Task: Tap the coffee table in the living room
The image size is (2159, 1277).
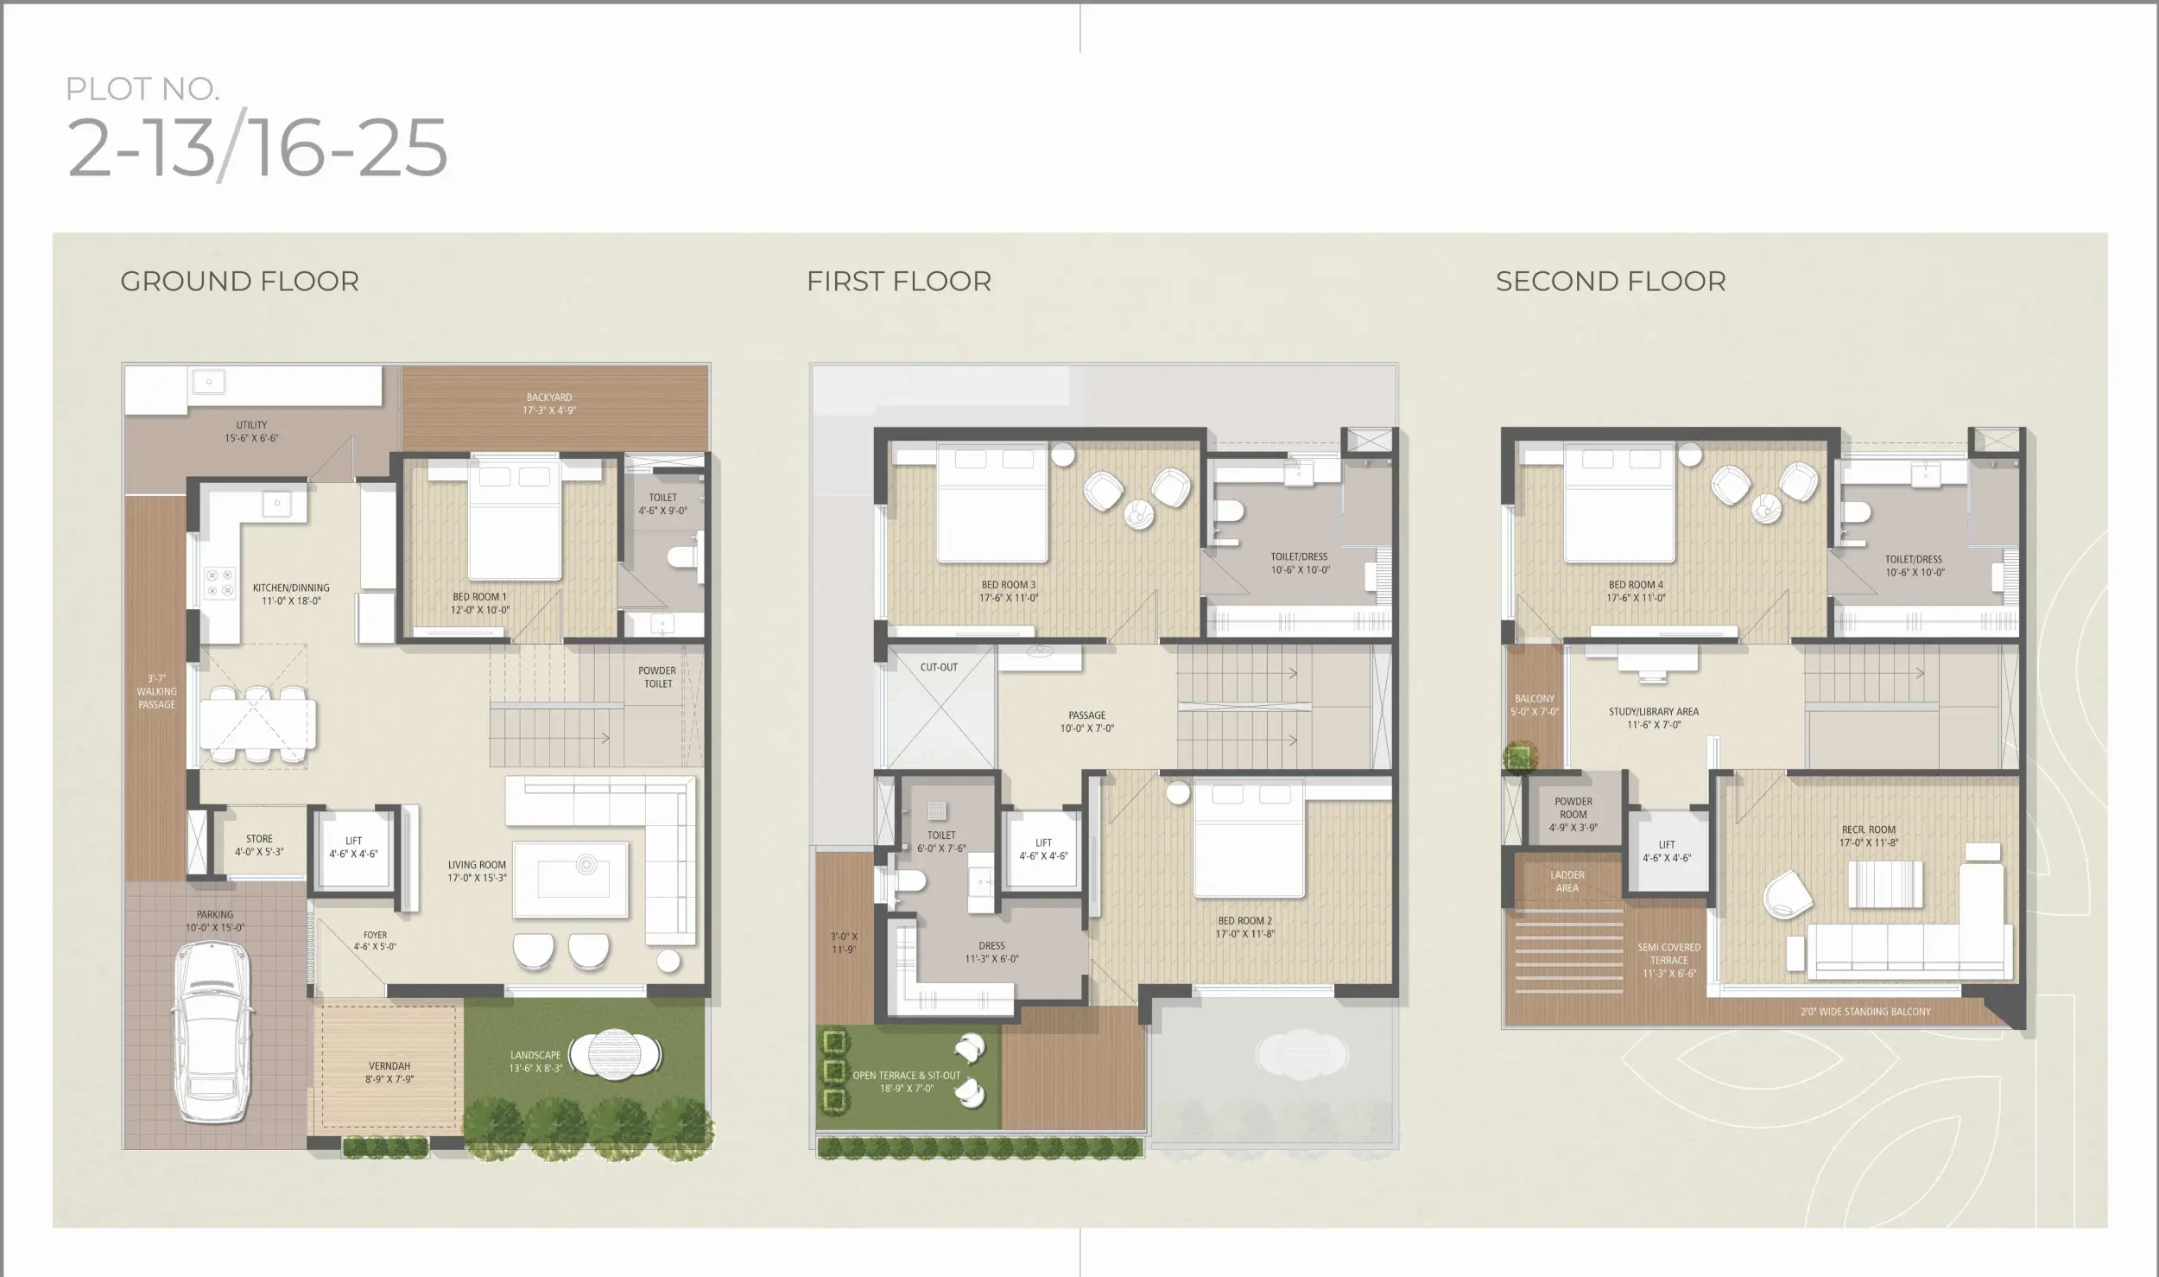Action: pyautogui.click(x=570, y=879)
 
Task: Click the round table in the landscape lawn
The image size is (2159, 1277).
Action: pyautogui.click(x=615, y=1053)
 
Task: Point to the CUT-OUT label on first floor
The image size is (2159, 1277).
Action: pyautogui.click(x=939, y=667)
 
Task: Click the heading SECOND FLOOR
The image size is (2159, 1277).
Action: pyautogui.click(x=1611, y=282)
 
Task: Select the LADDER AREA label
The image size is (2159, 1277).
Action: pyautogui.click(x=1567, y=881)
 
